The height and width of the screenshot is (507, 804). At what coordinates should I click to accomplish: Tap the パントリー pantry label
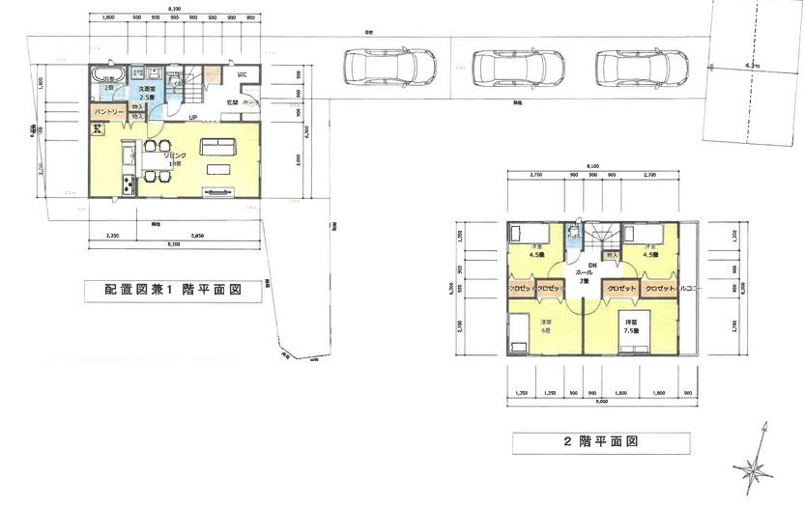pyautogui.click(x=108, y=113)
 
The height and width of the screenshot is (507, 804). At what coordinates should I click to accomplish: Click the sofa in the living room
pyautogui.click(x=217, y=147)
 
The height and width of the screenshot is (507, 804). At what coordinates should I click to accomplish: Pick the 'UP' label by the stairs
pyautogui.click(x=194, y=119)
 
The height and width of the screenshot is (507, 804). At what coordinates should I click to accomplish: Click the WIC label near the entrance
pyautogui.click(x=242, y=74)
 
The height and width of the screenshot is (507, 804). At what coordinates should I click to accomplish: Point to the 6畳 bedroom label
pyautogui.click(x=546, y=325)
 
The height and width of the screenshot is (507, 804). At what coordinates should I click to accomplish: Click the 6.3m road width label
pyautogui.click(x=753, y=66)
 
